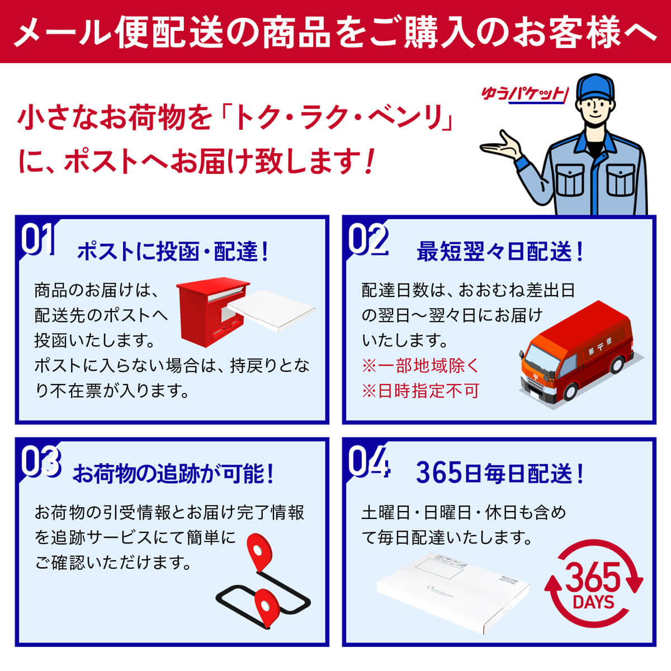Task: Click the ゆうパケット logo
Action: [x=524, y=94]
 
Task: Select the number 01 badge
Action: [x=38, y=239]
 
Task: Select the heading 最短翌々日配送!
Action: [x=500, y=252]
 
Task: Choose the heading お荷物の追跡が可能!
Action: [x=173, y=474]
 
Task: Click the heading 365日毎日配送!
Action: [x=500, y=474]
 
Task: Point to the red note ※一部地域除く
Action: [x=420, y=366]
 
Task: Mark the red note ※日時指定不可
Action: [x=420, y=391]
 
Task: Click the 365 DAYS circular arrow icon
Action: [x=593, y=584]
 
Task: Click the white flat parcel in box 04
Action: [x=453, y=593]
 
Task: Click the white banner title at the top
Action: [x=335, y=32]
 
